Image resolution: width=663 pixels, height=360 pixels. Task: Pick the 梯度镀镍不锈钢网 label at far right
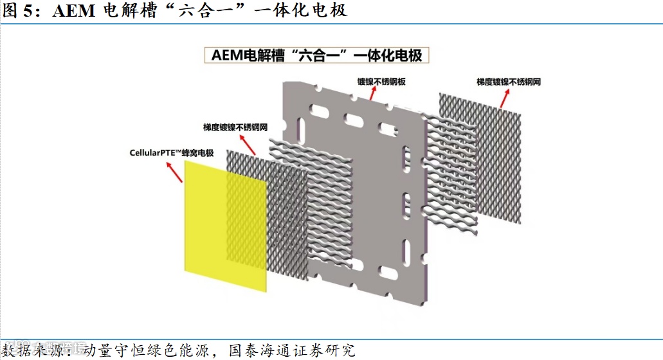508,82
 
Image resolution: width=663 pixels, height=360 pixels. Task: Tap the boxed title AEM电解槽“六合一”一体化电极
317,55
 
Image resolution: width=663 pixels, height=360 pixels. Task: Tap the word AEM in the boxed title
225,55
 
